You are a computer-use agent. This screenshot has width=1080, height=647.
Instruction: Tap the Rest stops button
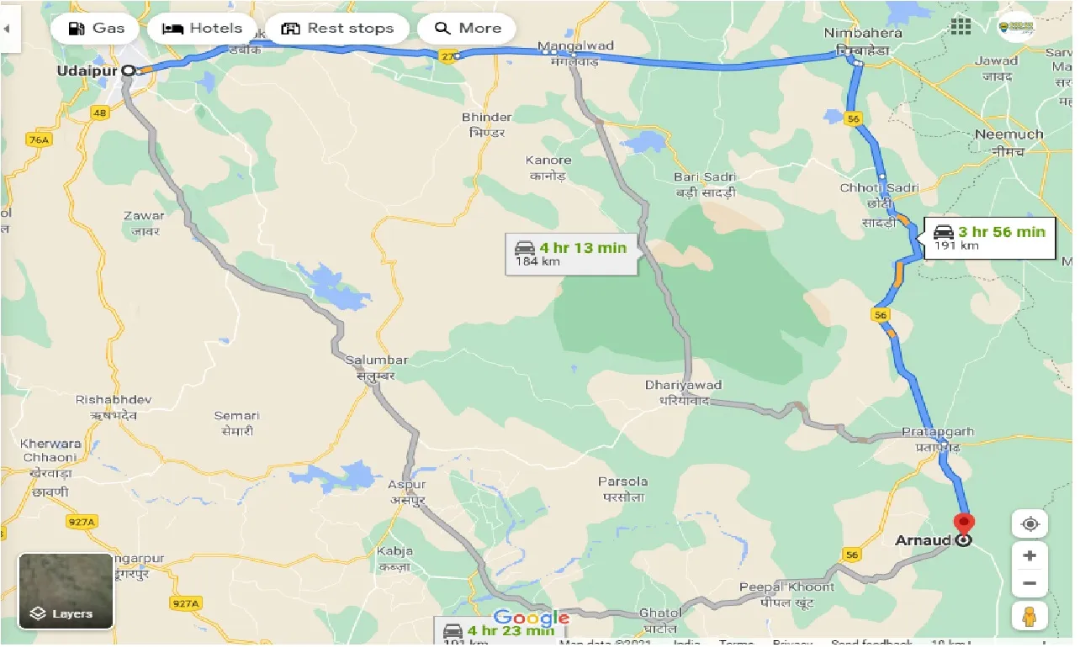338,29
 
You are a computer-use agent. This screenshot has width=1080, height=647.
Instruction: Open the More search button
467,29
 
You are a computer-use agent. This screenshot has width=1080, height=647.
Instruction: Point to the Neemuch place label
1009,134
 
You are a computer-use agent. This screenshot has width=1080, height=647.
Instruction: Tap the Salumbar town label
376,360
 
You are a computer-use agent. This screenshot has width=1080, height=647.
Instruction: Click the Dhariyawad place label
683,385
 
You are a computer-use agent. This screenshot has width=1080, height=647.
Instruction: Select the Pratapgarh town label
938,432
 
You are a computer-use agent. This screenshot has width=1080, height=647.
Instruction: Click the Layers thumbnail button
66,591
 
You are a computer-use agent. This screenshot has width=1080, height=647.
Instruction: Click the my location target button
1030,524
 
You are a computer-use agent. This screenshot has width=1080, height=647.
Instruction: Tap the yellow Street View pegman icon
1030,617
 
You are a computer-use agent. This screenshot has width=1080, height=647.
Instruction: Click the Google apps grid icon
961,26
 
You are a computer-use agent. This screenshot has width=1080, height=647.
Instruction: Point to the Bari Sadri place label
704,177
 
